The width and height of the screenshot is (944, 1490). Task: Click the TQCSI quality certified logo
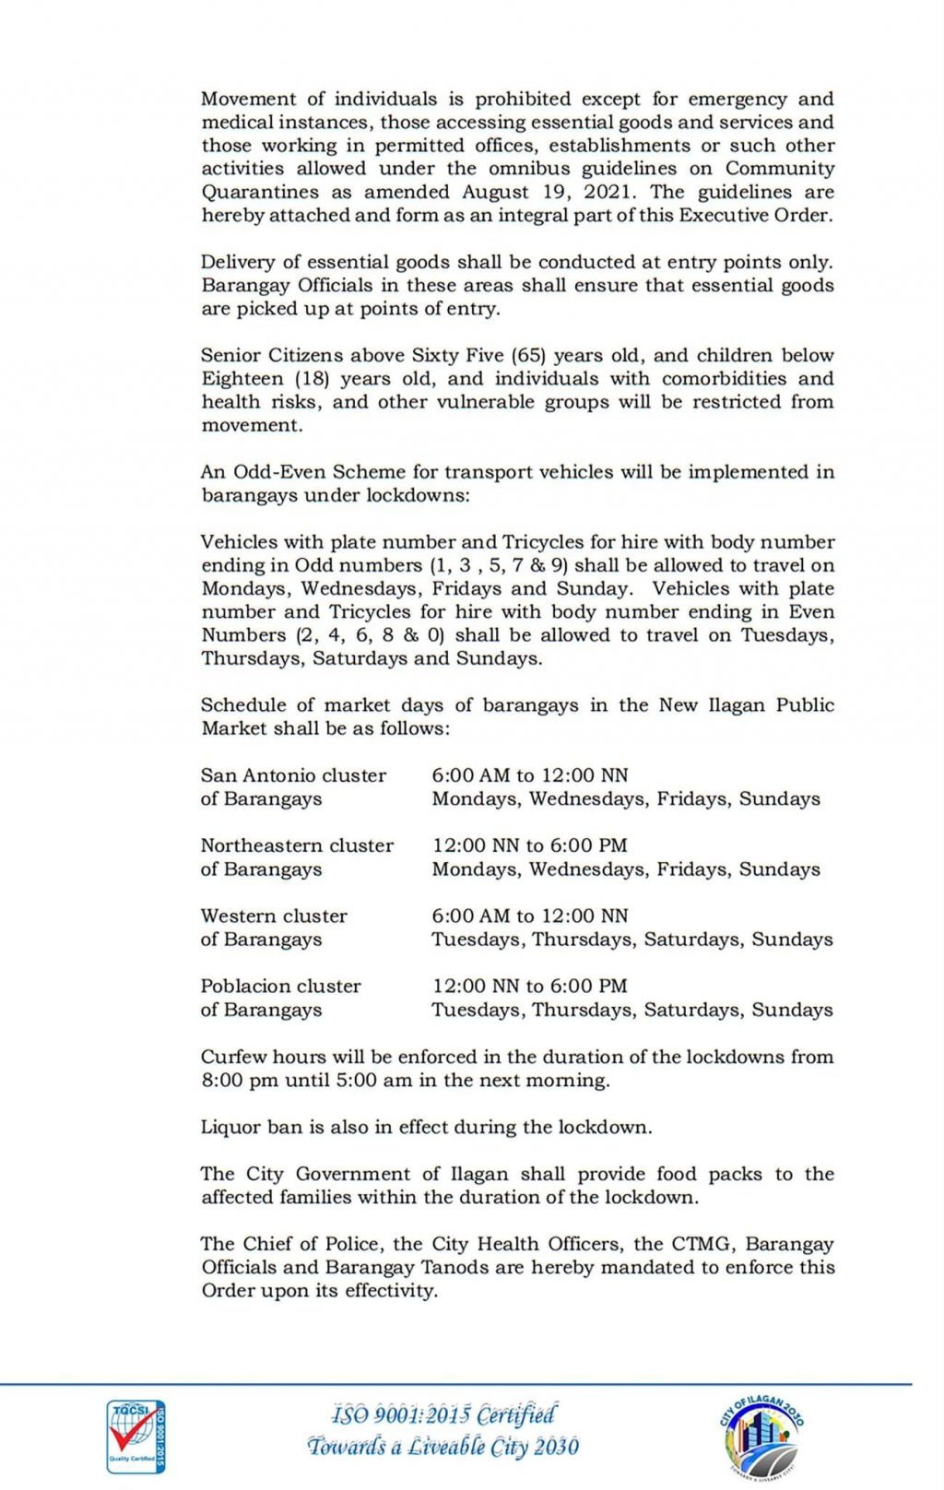tap(136, 1436)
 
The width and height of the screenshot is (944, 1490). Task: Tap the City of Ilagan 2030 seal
tap(761, 1436)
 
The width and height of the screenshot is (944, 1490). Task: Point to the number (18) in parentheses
tap(313, 379)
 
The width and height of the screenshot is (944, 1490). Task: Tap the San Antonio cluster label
tap(293, 775)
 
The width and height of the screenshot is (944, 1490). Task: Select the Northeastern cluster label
tap(297, 846)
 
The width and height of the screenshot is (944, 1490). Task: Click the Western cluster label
tap(274, 916)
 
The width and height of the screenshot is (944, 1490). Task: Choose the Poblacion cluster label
tap(280, 986)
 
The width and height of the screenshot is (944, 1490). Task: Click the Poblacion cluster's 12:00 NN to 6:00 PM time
tap(530, 986)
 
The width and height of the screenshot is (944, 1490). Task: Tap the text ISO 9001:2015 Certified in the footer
tap(443, 1414)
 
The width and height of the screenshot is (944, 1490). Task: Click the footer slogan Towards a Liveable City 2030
tap(443, 1446)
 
